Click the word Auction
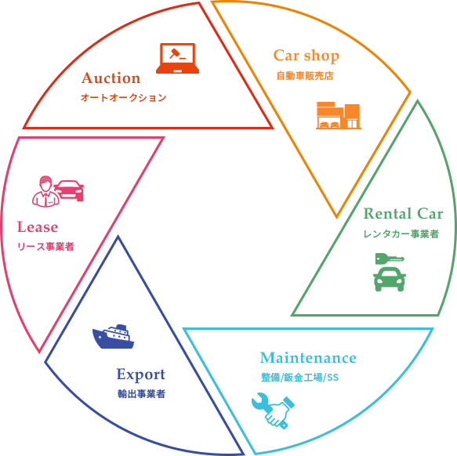[x=111, y=78]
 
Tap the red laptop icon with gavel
[x=177, y=58]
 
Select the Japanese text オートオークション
[x=123, y=98]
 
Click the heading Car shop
[x=306, y=56]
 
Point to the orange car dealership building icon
[x=339, y=115]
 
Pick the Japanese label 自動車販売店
[x=305, y=76]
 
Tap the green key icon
[x=390, y=259]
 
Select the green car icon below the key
[x=390, y=279]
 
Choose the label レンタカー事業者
[x=401, y=234]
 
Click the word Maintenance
[x=308, y=358]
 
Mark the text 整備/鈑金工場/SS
[x=300, y=378]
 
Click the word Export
[x=141, y=375]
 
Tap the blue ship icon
[x=113, y=337]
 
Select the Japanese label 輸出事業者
[x=141, y=394]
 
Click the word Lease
[x=38, y=227]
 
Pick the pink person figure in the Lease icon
[x=45, y=191]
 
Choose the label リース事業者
[x=45, y=247]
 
